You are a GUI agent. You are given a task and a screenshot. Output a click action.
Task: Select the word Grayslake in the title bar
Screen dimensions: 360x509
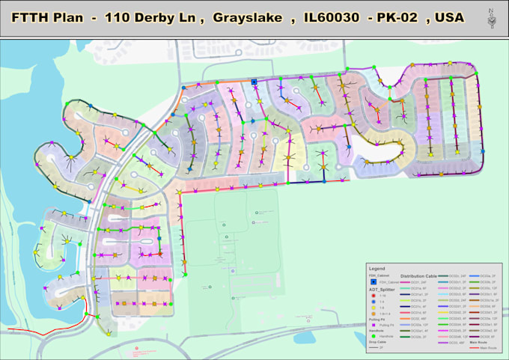(x=247, y=16)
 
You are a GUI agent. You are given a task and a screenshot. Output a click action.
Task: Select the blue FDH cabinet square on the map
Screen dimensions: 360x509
(x=254, y=82)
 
